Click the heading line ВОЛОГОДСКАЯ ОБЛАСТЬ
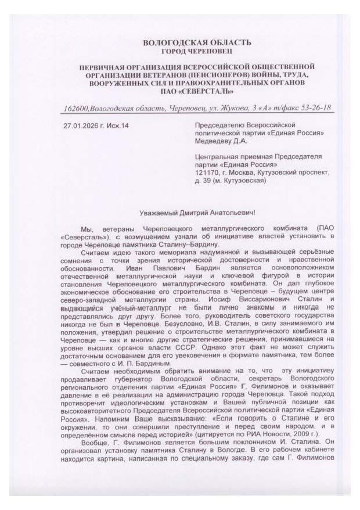(x=197, y=42)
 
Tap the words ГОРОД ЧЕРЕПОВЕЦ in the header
(x=197, y=51)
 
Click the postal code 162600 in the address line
(x=77, y=109)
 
